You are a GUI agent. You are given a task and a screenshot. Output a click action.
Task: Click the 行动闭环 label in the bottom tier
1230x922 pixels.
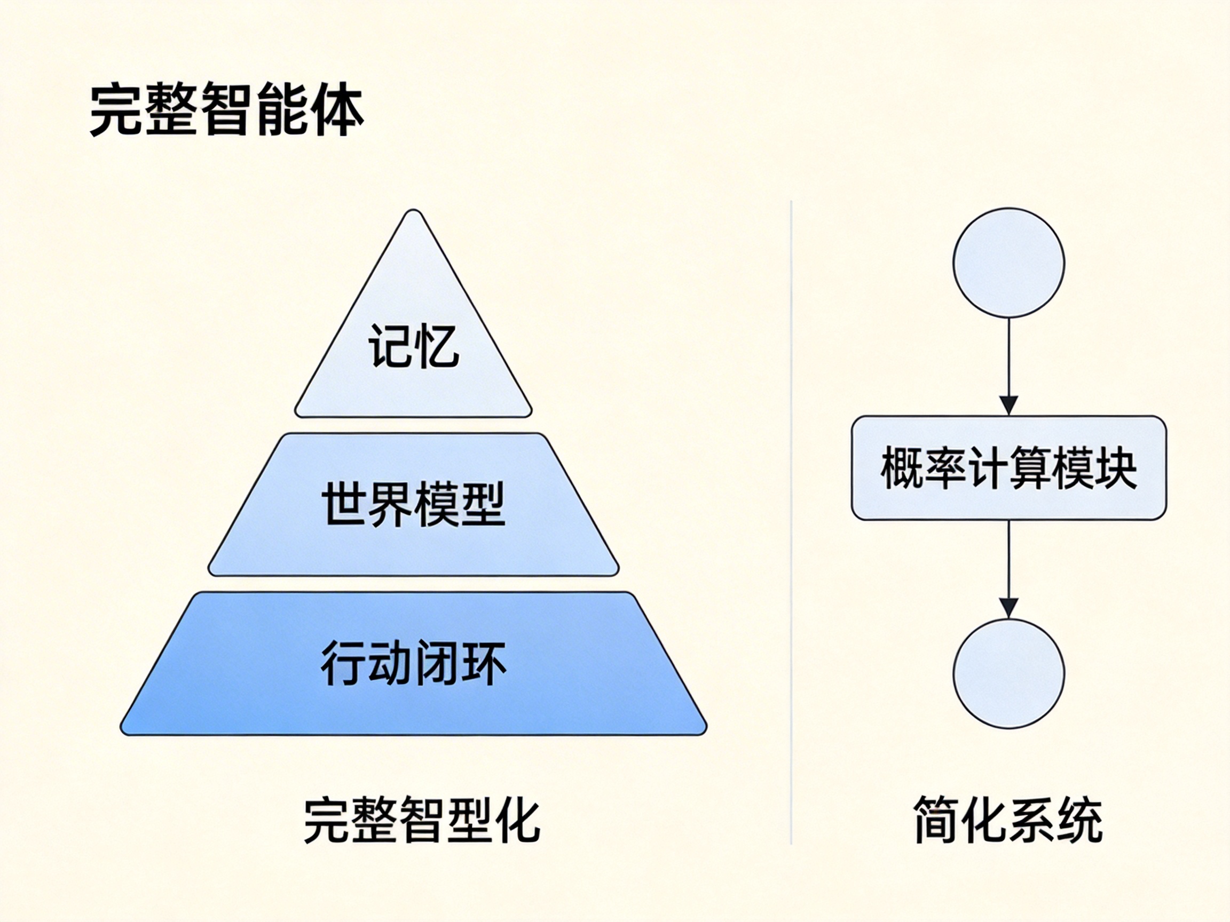(x=414, y=663)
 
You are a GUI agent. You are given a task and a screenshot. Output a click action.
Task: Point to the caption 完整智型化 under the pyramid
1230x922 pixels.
(x=422, y=821)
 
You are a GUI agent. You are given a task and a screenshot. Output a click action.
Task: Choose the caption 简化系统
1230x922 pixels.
(x=1008, y=821)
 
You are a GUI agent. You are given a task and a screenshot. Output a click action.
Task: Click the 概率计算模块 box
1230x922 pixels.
(x=1008, y=468)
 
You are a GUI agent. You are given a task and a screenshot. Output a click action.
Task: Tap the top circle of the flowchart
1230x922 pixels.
(x=1008, y=263)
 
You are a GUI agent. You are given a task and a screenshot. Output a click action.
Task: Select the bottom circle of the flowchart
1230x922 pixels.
(x=1008, y=672)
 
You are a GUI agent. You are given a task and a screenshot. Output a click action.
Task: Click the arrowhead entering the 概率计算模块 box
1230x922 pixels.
(x=1008, y=404)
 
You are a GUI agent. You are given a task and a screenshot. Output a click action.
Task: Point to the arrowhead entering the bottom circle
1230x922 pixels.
(x=1008, y=607)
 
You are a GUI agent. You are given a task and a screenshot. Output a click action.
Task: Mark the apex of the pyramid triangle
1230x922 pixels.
(x=413, y=212)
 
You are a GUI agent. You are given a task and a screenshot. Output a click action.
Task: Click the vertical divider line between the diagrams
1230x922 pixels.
(x=791, y=522)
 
